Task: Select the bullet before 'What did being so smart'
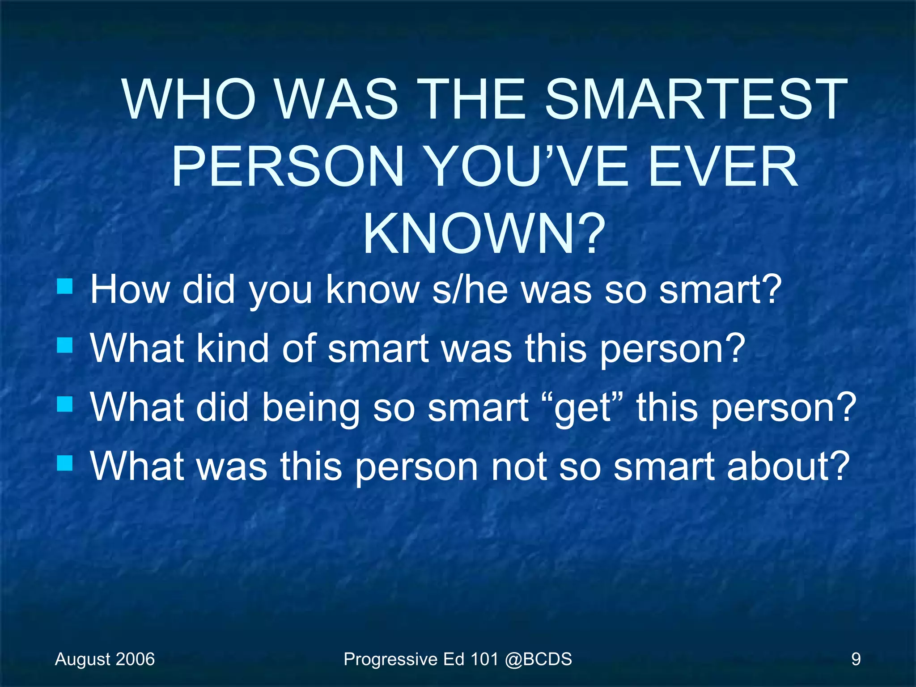coord(65,404)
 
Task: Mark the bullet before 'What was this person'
coord(65,463)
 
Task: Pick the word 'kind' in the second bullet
coord(233,348)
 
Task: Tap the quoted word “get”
coord(583,408)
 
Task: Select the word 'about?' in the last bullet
coord(788,466)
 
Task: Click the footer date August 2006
coord(105,659)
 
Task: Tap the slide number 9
coord(856,659)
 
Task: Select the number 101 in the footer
coord(483,659)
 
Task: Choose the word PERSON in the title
coord(288,167)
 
